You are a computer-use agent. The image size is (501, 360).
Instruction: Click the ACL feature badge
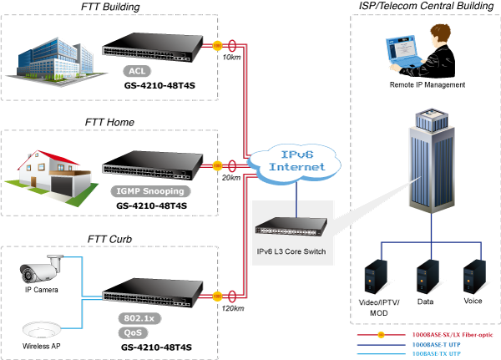coord(137,71)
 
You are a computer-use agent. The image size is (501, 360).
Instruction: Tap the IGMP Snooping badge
coord(150,191)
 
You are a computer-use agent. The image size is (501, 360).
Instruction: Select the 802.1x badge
coord(139,318)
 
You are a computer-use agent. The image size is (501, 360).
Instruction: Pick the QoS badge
coord(133,332)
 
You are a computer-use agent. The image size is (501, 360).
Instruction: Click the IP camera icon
coord(41,269)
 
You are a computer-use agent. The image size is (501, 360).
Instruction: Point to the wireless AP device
coord(41,330)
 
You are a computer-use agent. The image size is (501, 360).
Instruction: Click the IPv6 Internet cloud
coord(295,164)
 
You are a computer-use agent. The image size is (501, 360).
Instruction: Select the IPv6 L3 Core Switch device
coord(291,226)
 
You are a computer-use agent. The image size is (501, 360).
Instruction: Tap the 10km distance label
coord(231,58)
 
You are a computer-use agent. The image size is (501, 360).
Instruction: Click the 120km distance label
coord(233,308)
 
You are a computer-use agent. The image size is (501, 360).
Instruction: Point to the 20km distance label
coord(231,178)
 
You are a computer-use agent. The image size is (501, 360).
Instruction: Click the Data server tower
coord(428,276)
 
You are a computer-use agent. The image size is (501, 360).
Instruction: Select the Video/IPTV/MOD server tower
coord(376,276)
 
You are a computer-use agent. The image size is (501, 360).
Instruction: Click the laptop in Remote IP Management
coord(404,52)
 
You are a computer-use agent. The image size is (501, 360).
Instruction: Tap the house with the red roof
coord(51,176)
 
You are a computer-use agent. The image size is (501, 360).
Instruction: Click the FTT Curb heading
coord(109,239)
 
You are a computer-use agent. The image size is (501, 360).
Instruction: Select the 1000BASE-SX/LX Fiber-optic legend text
coord(453,335)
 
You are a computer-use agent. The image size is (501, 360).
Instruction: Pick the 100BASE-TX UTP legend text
coord(437,353)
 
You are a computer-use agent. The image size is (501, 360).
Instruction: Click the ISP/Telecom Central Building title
coord(426,6)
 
